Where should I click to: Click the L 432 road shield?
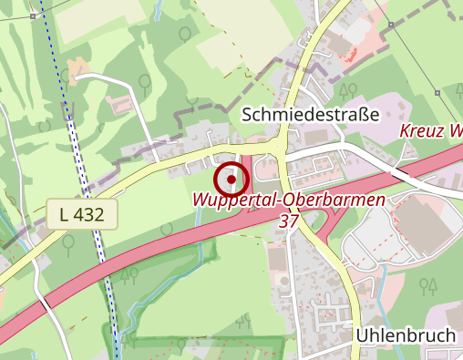point(83,215)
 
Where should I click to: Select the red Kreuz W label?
point(430,131)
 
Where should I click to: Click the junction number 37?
point(290,221)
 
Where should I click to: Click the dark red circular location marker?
point(231,179)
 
